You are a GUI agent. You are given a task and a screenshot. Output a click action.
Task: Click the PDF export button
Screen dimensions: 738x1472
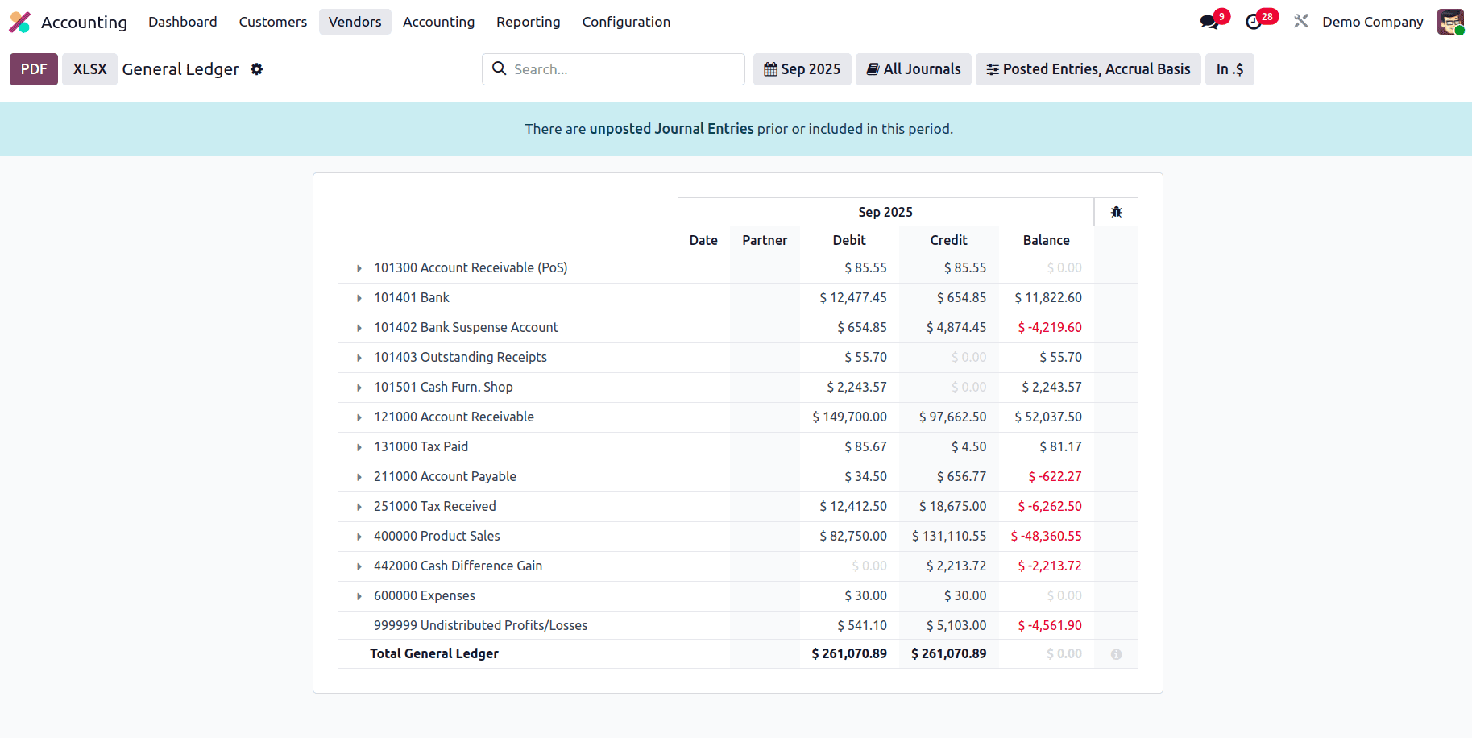33,69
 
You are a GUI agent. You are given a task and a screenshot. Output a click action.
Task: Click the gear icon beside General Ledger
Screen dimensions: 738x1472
257,69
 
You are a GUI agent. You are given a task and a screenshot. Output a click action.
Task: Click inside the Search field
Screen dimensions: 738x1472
620,69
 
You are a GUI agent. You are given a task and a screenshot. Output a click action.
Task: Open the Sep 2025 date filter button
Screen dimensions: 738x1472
802,69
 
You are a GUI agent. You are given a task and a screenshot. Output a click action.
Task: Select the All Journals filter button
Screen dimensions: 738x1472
913,69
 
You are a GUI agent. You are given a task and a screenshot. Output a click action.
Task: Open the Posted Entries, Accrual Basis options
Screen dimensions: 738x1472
1088,69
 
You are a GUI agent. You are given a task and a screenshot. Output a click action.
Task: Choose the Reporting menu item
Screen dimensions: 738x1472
528,22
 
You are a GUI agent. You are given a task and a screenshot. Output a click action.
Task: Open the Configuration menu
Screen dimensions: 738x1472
626,22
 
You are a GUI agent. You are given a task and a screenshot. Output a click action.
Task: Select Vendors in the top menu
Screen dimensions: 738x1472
355,22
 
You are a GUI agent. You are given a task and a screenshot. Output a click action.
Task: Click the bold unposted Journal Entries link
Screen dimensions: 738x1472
671,129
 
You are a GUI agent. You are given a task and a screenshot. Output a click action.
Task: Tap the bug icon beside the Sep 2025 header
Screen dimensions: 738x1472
1116,212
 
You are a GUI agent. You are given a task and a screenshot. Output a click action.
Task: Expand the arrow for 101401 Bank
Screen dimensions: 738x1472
359,298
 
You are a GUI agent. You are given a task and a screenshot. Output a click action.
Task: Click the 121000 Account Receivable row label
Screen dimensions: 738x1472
454,417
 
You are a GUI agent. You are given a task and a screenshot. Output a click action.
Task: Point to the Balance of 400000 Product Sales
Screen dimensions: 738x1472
1047,536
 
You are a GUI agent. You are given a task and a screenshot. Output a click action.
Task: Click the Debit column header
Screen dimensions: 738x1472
849,240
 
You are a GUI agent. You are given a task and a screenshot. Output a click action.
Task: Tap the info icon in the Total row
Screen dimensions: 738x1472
1116,654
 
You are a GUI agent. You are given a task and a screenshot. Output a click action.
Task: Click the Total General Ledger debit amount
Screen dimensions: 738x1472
849,653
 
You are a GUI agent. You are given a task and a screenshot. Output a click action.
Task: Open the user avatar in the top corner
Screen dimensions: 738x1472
1450,22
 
